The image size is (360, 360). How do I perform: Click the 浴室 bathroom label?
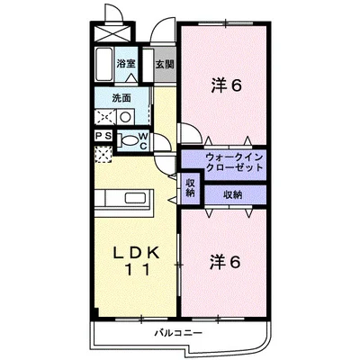(x=126, y=64)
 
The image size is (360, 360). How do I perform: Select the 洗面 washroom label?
(x=121, y=96)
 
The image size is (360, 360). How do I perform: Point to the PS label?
(x=103, y=136)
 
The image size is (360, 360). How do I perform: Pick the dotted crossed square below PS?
(x=103, y=155)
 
